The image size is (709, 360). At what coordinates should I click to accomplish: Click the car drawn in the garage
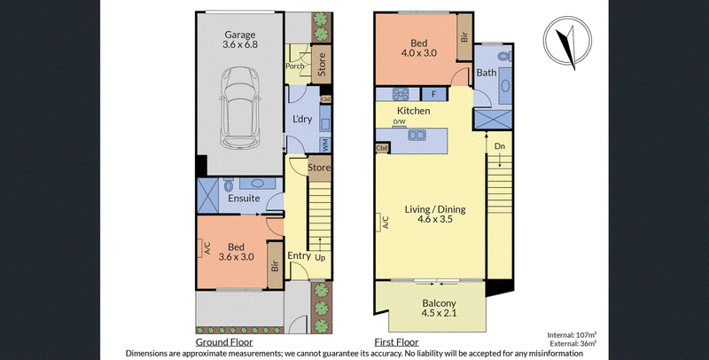click(240, 108)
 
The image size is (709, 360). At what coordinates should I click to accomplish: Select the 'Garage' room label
click(240, 35)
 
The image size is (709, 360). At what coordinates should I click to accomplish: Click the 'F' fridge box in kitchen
click(434, 94)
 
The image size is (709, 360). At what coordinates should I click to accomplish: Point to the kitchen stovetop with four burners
click(401, 94)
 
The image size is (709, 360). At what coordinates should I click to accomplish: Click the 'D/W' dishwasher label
click(399, 121)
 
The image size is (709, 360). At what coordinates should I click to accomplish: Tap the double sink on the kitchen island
click(416, 135)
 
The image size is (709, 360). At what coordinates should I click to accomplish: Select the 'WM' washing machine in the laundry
click(325, 145)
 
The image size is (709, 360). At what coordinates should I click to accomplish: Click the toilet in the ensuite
click(228, 185)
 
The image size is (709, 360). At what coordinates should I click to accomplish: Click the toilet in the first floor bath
click(504, 57)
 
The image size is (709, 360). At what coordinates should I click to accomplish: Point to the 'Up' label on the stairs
click(320, 257)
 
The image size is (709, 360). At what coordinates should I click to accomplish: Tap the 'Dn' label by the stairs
click(499, 146)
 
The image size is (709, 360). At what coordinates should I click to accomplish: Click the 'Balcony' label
click(439, 303)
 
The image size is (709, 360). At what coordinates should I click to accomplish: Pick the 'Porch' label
click(295, 66)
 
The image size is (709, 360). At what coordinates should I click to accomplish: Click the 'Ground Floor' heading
click(224, 342)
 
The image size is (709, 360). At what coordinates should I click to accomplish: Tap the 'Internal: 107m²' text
click(572, 335)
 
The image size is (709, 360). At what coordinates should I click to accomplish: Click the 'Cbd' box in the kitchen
click(382, 148)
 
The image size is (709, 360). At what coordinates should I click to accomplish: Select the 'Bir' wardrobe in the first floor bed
click(464, 36)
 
